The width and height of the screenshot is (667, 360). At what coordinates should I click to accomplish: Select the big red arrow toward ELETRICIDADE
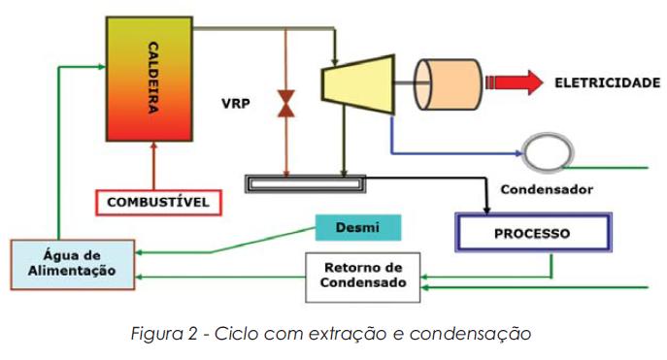pos(515,82)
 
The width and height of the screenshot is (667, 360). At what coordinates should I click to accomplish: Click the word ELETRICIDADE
pos(607,83)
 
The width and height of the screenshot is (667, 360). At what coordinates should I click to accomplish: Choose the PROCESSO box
pos(533,234)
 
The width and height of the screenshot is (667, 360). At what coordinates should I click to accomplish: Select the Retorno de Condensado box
pos(363,277)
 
